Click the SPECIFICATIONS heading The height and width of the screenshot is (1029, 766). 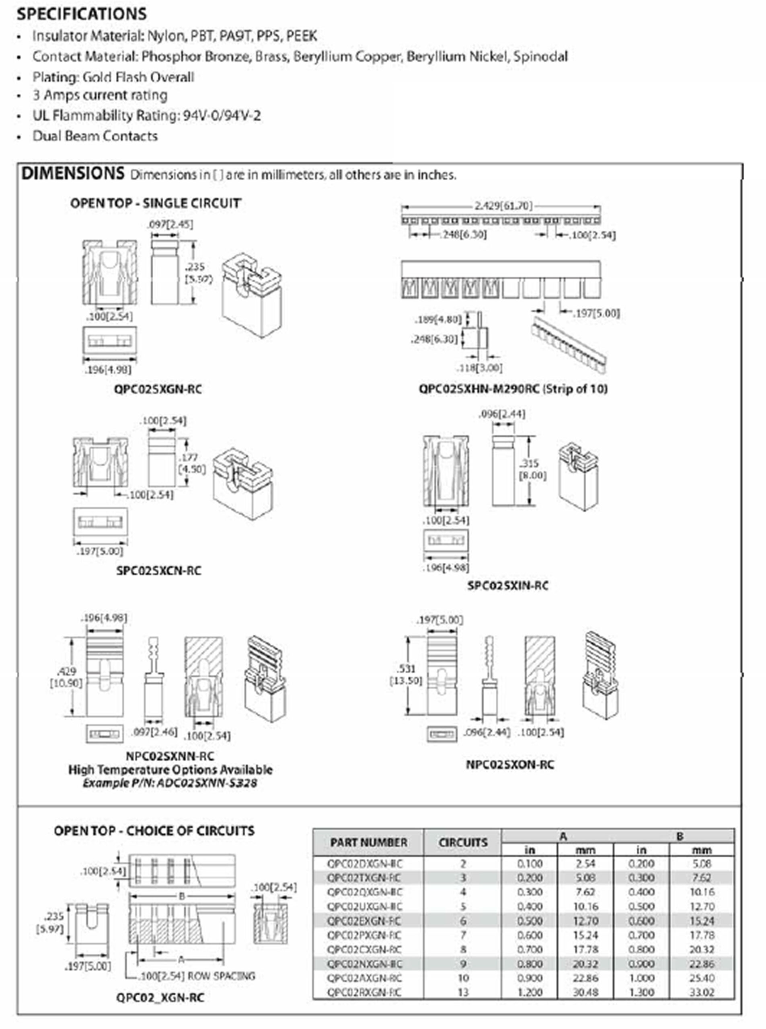(x=82, y=14)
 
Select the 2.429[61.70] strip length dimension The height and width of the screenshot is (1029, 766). (x=503, y=205)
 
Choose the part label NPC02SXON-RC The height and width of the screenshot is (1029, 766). (x=509, y=765)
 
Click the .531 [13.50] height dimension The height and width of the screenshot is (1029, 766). (x=406, y=674)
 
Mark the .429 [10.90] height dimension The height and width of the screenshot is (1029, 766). (x=66, y=677)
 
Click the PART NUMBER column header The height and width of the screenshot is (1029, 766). (x=369, y=842)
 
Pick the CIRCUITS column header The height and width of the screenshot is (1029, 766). (x=463, y=842)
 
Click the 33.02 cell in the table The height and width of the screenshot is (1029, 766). (x=702, y=992)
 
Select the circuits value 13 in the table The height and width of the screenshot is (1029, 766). (x=463, y=992)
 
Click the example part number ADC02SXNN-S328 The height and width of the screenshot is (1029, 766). (x=207, y=783)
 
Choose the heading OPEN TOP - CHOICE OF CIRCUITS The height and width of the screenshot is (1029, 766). (x=154, y=830)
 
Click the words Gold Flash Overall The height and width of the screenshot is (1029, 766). (x=138, y=77)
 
